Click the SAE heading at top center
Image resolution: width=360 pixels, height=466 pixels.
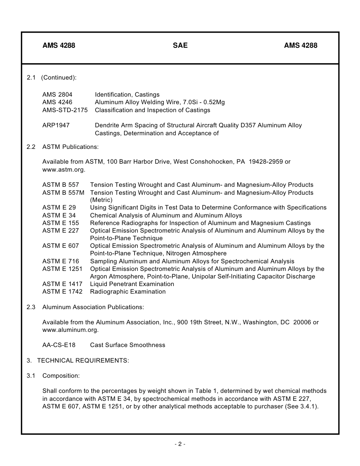(180, 45)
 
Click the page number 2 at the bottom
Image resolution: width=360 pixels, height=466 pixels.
(180, 444)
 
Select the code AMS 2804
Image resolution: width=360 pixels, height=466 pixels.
(57, 94)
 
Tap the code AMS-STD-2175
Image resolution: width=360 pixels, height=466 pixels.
(65, 110)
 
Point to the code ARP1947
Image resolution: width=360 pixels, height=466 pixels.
(56, 125)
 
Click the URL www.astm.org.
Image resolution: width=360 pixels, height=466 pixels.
(63, 169)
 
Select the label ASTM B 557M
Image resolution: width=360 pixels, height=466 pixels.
(63, 192)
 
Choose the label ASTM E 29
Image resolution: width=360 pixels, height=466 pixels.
(59, 208)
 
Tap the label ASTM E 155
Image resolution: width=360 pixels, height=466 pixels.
(61, 223)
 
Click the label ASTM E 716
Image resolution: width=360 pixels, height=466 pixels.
(61, 261)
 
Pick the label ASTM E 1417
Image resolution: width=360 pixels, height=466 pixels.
(62, 284)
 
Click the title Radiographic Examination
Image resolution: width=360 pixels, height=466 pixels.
(128, 291)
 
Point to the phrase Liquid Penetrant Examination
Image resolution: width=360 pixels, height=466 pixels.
(132, 284)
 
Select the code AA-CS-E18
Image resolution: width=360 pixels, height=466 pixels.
(59, 345)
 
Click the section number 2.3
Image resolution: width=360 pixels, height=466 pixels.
(31, 307)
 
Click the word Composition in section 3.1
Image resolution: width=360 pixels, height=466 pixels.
(61, 375)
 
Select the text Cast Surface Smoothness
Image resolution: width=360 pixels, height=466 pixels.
(127, 345)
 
